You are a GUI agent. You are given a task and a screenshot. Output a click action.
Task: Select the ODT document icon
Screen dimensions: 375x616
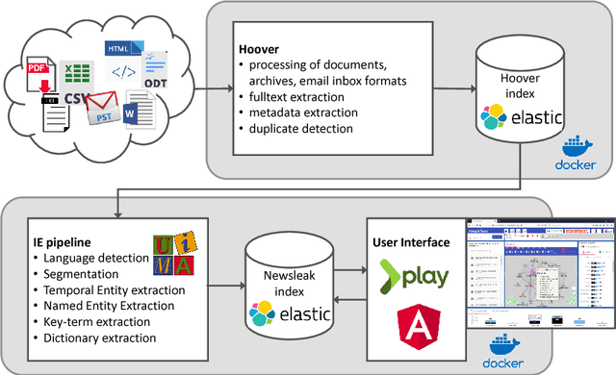click(x=157, y=72)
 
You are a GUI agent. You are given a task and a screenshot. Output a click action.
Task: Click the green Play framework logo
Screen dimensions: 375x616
click(x=413, y=276)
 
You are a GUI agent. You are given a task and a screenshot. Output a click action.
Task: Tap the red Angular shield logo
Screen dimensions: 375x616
click(x=416, y=327)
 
